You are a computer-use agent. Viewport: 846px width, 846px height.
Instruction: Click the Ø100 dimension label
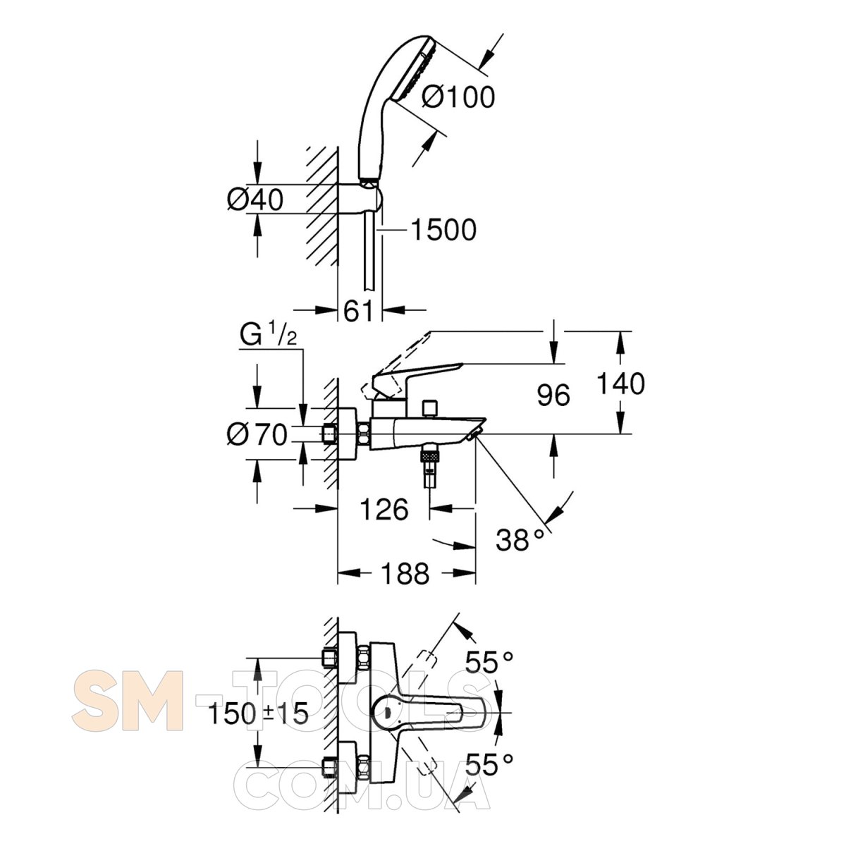(x=458, y=97)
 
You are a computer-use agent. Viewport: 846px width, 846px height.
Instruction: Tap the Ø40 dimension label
(x=255, y=200)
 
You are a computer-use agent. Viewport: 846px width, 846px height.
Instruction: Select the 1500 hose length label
(x=443, y=229)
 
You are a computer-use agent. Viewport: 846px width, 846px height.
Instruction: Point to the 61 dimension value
(x=358, y=312)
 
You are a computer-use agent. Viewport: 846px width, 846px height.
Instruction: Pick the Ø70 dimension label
(x=257, y=435)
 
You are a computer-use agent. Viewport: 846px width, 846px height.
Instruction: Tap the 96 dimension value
(x=553, y=395)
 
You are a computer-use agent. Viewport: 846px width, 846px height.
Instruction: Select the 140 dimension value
(x=620, y=383)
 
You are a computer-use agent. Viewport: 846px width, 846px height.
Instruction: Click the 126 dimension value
(x=384, y=509)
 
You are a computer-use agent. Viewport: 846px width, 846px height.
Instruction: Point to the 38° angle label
(x=520, y=539)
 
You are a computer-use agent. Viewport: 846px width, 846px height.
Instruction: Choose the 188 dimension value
(x=405, y=573)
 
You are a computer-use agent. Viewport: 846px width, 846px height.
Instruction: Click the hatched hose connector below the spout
(x=429, y=455)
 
